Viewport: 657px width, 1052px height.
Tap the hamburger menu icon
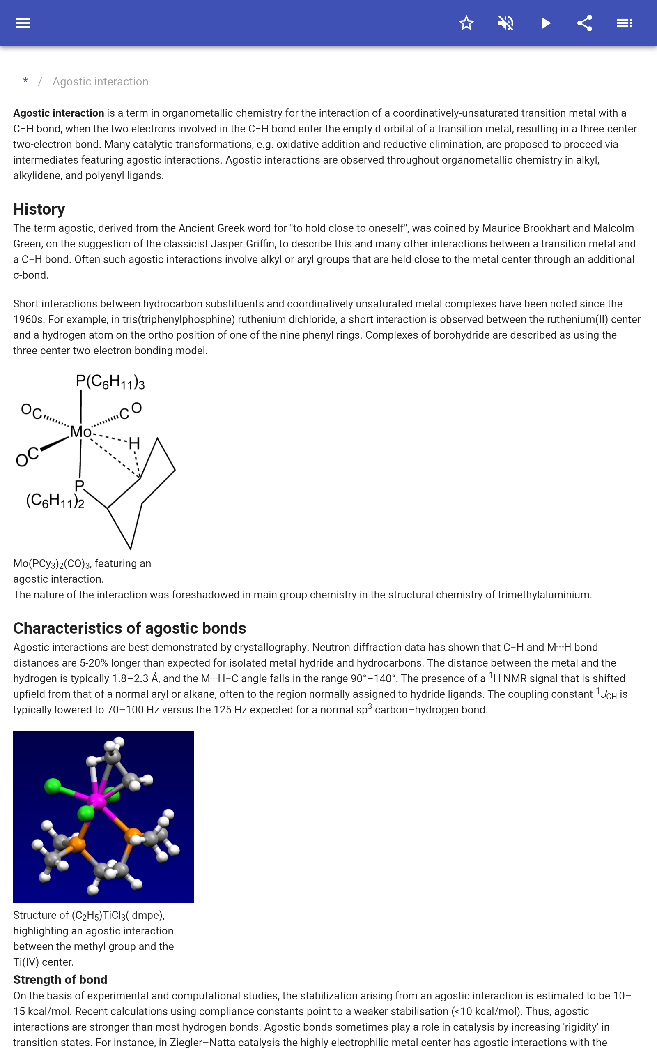(23, 23)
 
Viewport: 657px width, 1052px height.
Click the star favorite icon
(466, 23)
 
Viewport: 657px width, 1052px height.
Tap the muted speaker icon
(506, 23)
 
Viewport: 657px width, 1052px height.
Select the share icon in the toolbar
(585, 23)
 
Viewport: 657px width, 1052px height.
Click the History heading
(39, 209)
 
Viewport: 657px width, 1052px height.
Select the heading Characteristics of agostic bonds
(129, 628)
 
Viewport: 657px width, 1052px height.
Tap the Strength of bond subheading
(60, 979)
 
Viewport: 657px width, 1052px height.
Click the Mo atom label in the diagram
(81, 431)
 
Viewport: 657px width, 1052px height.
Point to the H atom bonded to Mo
(134, 443)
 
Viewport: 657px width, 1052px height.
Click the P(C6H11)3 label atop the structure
(110, 382)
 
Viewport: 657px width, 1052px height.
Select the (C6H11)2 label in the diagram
(55, 501)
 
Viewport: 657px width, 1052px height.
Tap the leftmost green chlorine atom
(53, 786)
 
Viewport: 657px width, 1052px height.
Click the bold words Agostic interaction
(58, 113)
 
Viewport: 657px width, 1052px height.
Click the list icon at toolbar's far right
(624, 23)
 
